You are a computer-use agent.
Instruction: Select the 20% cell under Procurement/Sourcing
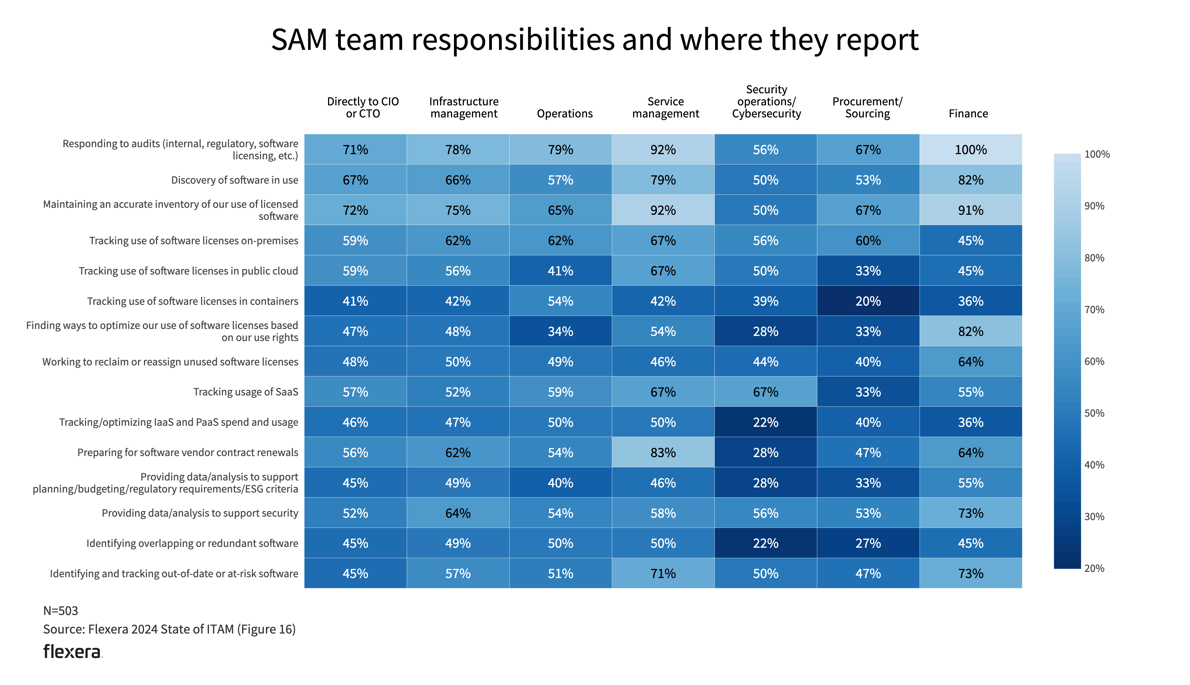pyautogui.click(x=868, y=301)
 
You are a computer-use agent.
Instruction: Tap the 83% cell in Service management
pyautogui.click(x=663, y=453)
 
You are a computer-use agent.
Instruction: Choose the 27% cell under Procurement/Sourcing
pyautogui.click(x=868, y=543)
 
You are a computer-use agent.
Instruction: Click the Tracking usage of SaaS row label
pyautogui.click(x=246, y=392)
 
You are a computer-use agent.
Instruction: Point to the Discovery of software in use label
pyautogui.click(x=234, y=180)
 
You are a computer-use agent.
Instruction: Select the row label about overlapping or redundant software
pyautogui.click(x=192, y=543)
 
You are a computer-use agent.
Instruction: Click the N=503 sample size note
pyautogui.click(x=61, y=611)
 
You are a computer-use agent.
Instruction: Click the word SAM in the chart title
pyautogui.click(x=299, y=39)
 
